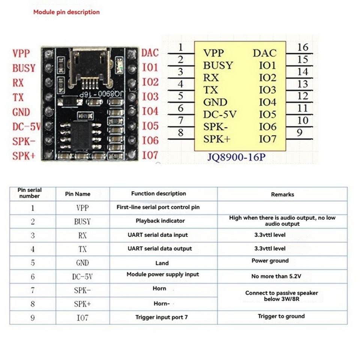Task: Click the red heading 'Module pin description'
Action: [66, 12]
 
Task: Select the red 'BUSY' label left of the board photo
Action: [24, 68]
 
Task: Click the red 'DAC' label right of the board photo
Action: [150, 53]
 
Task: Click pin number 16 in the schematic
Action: [303, 48]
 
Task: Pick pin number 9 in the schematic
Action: [299, 133]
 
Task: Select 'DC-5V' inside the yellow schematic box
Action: [220, 114]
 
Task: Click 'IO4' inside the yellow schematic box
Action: [267, 102]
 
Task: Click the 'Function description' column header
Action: [159, 194]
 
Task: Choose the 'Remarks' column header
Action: [282, 194]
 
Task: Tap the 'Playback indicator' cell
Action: [160, 221]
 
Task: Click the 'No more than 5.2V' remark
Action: [276, 276]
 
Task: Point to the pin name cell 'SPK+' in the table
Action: [82, 304]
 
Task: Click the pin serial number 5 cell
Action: [33, 263]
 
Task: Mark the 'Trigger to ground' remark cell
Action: [281, 316]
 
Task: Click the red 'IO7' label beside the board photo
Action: [150, 155]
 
